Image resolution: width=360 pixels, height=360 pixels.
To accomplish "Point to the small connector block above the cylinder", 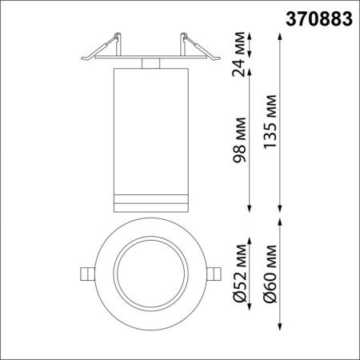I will click(x=150, y=62).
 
